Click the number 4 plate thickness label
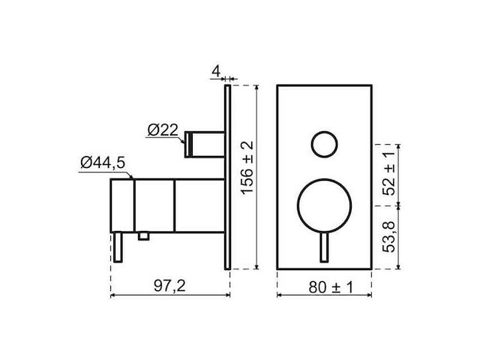click(214, 73)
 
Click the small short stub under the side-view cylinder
click(143, 236)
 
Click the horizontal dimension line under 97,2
click(169, 295)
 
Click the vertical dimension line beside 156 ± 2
click(258, 225)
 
